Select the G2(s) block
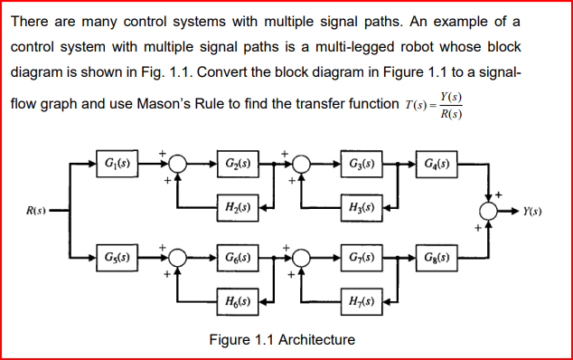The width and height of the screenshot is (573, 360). (238, 166)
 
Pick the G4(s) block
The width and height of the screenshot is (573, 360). (440, 166)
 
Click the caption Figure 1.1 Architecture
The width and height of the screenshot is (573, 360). (281, 340)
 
